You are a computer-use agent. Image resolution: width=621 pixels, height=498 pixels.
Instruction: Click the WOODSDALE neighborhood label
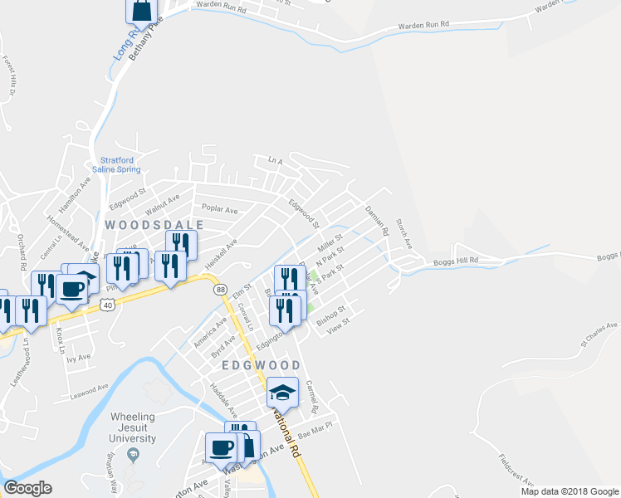click(x=144, y=225)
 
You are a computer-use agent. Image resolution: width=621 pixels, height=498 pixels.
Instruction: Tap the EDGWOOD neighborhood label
click(x=260, y=365)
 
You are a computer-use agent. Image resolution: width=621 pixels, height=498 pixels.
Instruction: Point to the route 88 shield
click(x=219, y=289)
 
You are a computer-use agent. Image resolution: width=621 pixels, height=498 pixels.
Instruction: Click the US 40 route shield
click(x=107, y=306)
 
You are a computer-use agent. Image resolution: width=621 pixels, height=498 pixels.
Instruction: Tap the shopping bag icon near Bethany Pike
click(x=141, y=10)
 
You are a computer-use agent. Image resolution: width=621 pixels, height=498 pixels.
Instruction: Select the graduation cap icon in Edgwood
click(x=282, y=391)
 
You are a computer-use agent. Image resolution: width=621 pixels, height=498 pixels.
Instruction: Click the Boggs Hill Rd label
click(x=456, y=261)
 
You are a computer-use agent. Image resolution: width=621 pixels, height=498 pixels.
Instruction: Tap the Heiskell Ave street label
click(x=222, y=252)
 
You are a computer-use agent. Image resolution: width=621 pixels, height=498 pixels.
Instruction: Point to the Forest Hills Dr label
click(x=9, y=76)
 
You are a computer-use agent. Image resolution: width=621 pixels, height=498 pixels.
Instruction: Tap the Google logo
click(x=27, y=488)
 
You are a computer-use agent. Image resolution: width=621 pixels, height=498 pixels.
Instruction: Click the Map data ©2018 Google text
click(x=569, y=491)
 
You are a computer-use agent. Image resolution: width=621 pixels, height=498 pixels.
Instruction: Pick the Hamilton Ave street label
click(x=73, y=195)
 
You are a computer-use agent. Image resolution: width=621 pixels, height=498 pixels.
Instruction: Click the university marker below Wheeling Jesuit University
click(x=131, y=455)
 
